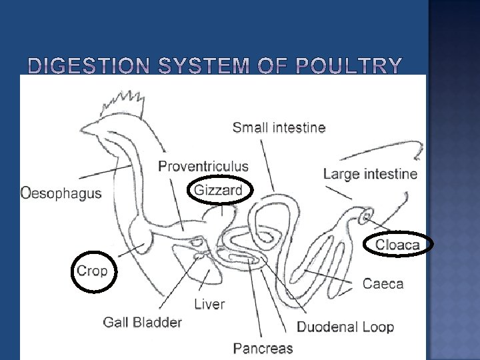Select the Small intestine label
[x=279, y=127]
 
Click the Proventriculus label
[x=203, y=167]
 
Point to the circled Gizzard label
[x=218, y=190]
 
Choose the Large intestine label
[x=370, y=175]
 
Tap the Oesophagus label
[x=61, y=193]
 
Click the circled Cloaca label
[x=398, y=245]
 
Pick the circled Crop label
[x=92, y=271]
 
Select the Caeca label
[x=383, y=283]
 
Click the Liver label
[x=209, y=304]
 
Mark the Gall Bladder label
[x=142, y=322]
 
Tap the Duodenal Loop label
[x=345, y=327]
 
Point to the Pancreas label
[x=263, y=347]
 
